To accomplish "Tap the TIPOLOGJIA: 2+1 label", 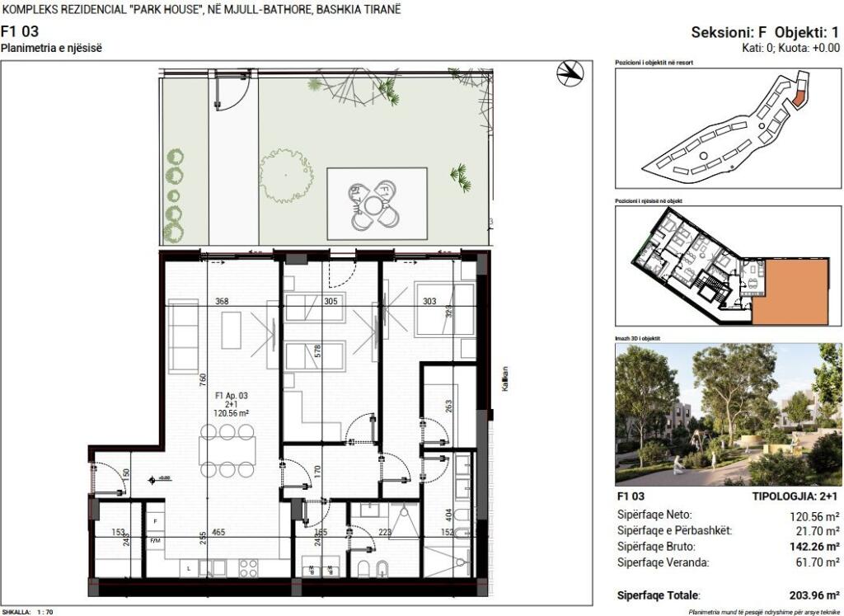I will pos(795,496).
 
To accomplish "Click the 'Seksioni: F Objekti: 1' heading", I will pos(765,33).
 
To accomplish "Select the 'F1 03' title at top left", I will pos(20,33).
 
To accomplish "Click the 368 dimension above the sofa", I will pos(222,301).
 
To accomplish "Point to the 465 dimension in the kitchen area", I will pos(218,532).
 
